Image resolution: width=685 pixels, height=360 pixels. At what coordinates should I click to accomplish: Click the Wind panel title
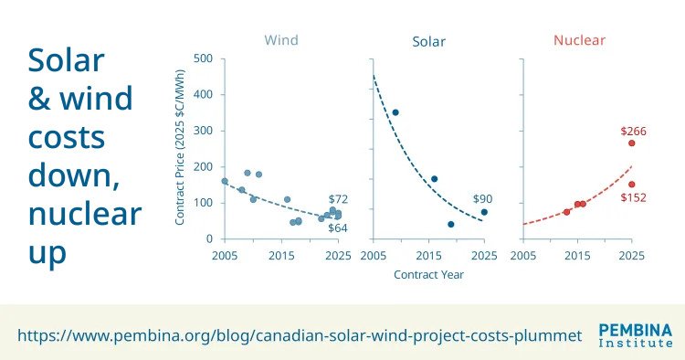click(281, 40)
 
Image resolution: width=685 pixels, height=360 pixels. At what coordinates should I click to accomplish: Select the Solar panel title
click(428, 41)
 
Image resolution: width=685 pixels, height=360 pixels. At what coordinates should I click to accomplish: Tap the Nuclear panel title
click(579, 40)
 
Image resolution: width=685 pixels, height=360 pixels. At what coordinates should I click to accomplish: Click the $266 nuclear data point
click(631, 143)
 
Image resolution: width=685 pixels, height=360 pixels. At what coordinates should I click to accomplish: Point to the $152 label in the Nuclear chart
click(633, 197)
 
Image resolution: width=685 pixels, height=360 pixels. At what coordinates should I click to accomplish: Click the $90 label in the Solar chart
click(482, 199)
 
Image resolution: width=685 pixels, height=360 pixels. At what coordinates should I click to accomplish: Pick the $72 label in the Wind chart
click(338, 199)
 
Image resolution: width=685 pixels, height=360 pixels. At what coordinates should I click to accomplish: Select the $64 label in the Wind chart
click(338, 228)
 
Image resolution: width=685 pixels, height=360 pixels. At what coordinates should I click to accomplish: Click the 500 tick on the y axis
click(203, 58)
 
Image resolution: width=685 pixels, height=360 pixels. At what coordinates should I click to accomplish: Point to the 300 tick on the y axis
click(203, 131)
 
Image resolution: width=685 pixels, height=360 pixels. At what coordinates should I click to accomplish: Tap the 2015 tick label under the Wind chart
click(281, 256)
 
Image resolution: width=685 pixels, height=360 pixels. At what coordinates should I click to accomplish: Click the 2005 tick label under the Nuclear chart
click(523, 256)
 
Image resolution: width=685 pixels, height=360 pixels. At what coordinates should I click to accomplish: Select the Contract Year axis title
click(428, 274)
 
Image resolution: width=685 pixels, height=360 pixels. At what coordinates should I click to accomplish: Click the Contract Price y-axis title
click(180, 147)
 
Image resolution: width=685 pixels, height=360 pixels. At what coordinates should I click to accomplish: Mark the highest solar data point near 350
click(395, 112)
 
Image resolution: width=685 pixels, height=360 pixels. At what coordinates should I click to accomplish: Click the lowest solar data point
click(451, 225)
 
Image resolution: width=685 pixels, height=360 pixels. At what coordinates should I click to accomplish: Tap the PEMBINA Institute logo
click(636, 335)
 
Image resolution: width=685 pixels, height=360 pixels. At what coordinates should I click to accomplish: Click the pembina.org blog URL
click(300, 336)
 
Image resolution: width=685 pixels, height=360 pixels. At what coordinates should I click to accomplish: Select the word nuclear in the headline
click(85, 214)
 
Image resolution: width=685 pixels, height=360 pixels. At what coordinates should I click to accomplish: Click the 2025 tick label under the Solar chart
click(484, 256)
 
